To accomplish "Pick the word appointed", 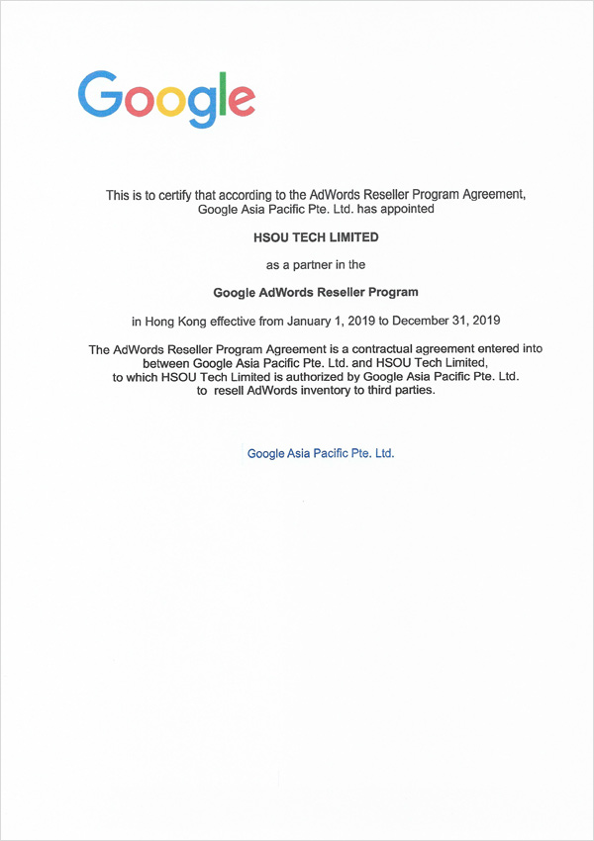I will click(408, 209).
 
